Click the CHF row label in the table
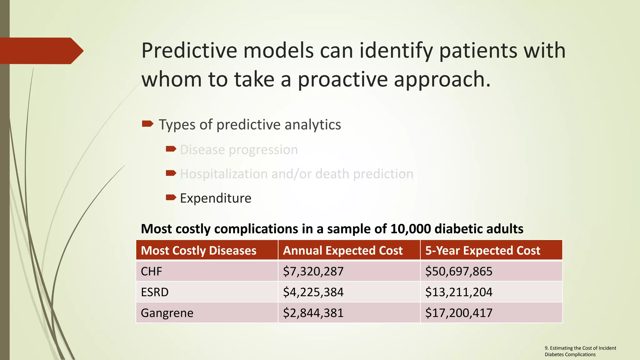point(152,271)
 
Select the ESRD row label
point(155,292)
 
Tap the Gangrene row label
point(167,313)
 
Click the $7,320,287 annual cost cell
point(313,271)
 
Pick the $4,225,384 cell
point(313,292)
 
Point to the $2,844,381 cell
point(313,313)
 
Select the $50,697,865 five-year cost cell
point(458,271)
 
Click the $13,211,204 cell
point(458,292)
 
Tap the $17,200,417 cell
point(458,313)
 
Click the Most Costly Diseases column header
point(198,251)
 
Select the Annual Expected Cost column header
point(342,251)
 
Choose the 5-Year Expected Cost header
point(482,251)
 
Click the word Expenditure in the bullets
point(216,198)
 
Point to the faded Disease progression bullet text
point(239,150)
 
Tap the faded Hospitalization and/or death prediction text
point(297,174)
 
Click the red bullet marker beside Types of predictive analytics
point(147,124)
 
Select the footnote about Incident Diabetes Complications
point(580,351)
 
